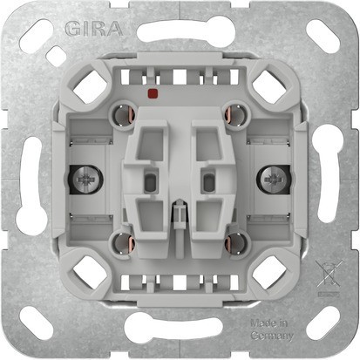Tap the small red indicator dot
click(x=153, y=90)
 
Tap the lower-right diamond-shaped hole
click(x=267, y=273)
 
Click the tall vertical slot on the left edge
click(x=23, y=181)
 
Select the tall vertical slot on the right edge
click(x=336, y=181)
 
